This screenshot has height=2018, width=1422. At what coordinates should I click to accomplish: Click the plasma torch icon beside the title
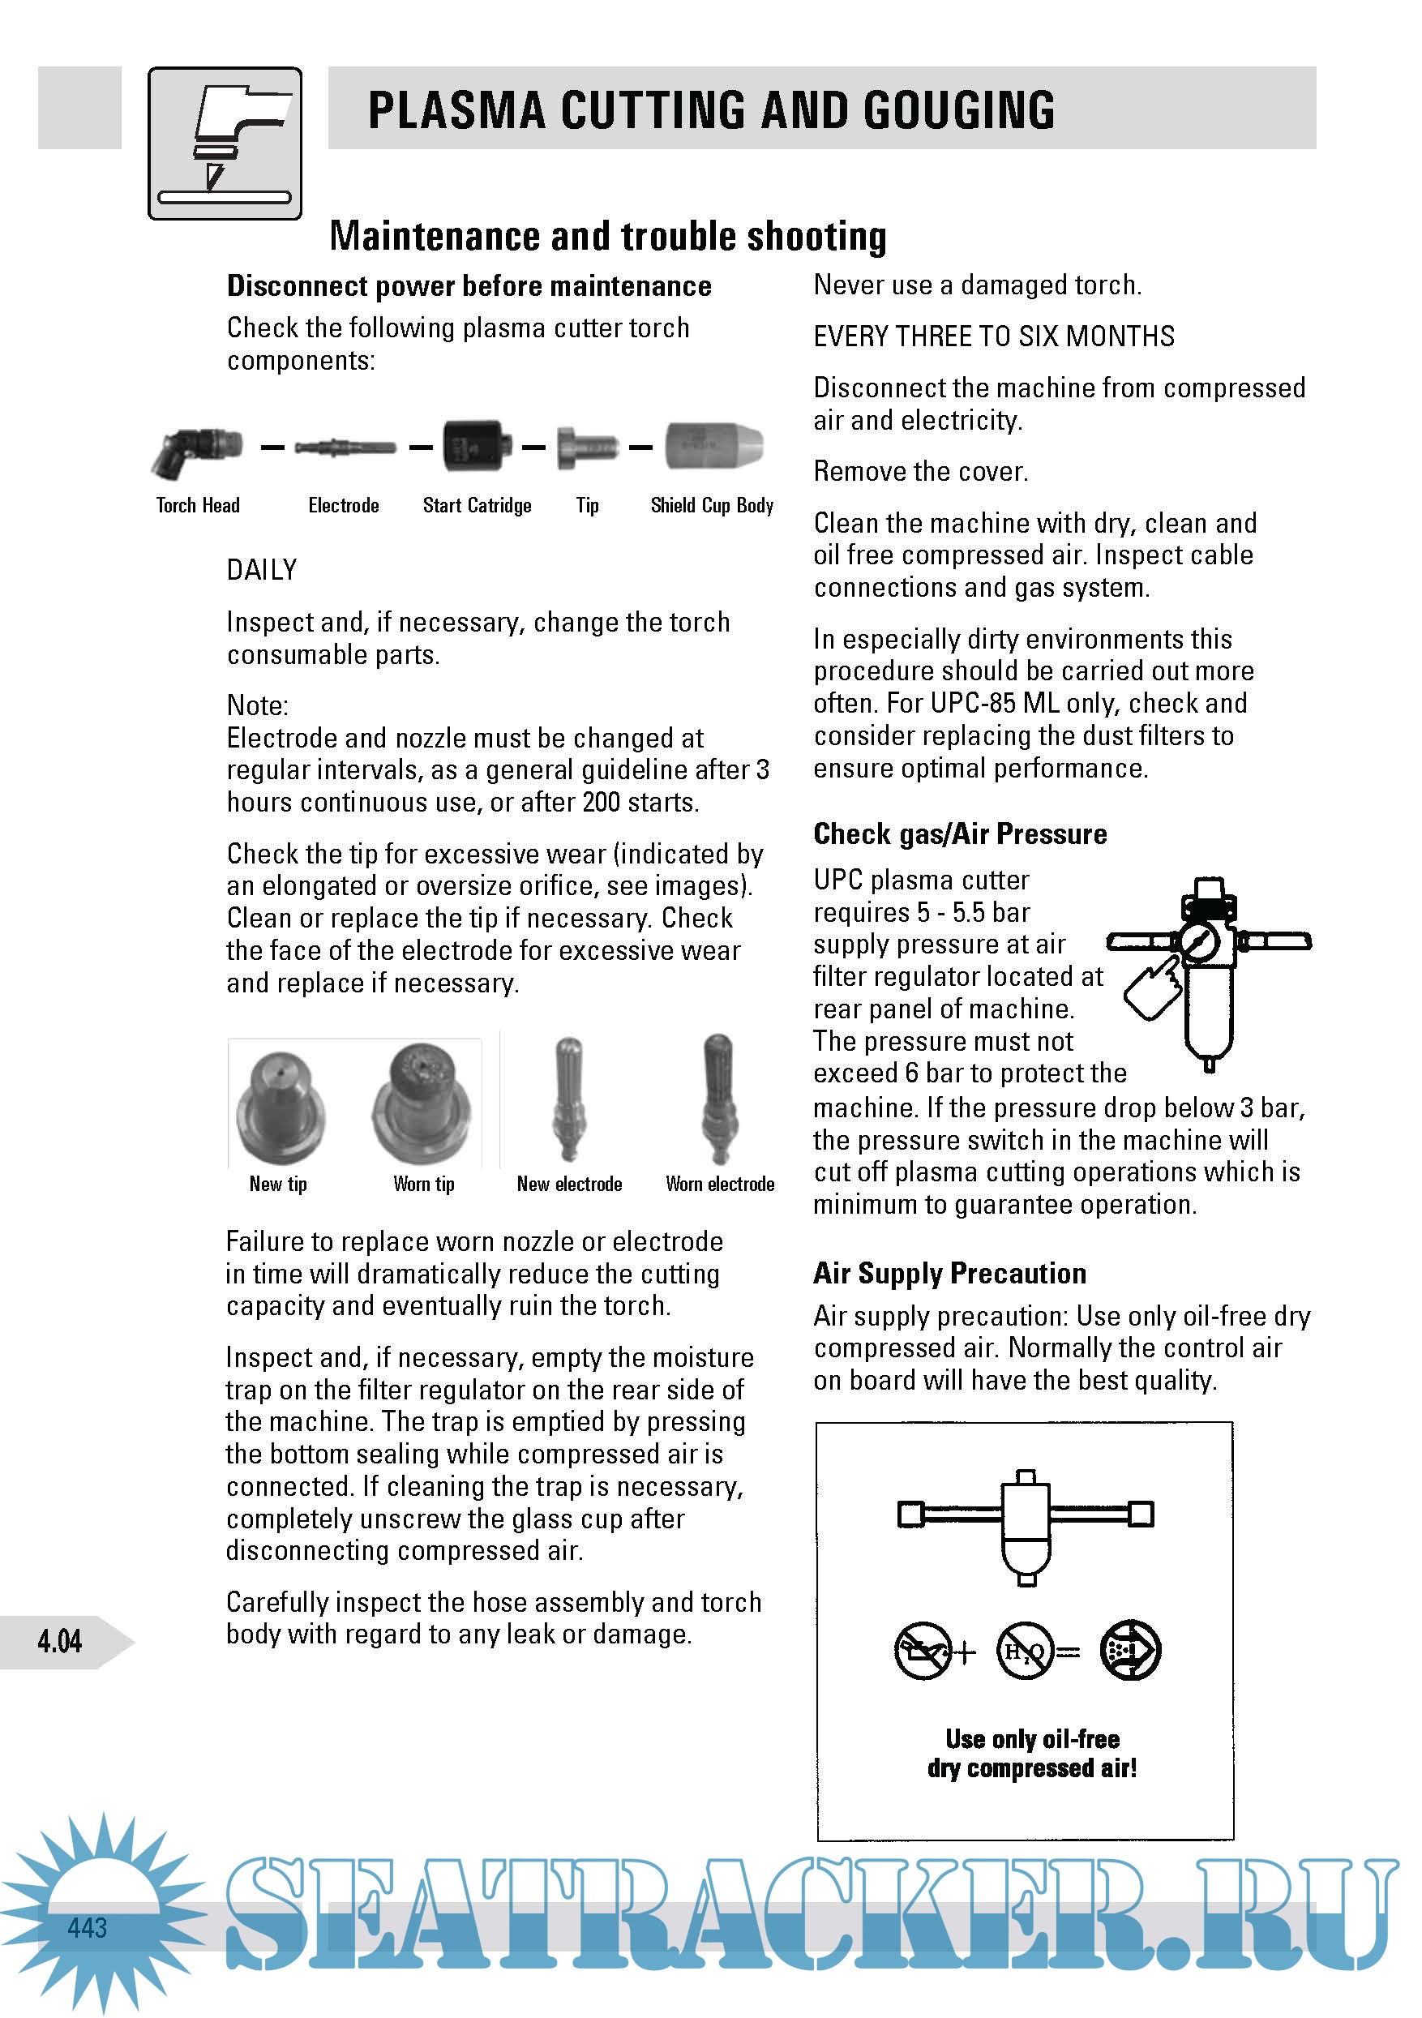[x=225, y=143]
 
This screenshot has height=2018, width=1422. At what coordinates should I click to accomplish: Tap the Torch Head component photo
[x=196, y=449]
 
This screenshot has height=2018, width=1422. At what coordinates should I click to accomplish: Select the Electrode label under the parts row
[x=344, y=505]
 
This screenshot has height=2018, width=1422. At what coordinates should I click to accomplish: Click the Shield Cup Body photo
[x=713, y=446]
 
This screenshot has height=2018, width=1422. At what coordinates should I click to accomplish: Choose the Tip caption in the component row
[x=587, y=505]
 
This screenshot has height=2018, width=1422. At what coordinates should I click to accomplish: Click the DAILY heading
[x=262, y=571]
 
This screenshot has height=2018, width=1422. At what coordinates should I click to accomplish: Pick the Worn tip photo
[x=422, y=1102]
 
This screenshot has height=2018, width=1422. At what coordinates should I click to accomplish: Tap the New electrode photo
[x=568, y=1099]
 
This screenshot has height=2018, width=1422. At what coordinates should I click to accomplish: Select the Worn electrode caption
[x=720, y=1184]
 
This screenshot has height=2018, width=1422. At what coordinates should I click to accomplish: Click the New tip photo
[x=280, y=1106]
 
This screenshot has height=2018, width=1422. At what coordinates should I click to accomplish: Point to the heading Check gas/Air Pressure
[x=960, y=834]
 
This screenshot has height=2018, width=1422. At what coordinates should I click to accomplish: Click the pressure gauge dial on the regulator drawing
[x=1199, y=943]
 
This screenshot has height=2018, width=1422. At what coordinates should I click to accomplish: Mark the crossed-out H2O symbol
[x=1025, y=1652]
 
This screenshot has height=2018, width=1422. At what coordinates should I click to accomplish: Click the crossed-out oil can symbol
[x=923, y=1652]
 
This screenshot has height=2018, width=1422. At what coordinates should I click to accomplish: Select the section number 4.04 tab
[x=60, y=1641]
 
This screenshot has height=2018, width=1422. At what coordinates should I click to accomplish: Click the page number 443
[x=87, y=1927]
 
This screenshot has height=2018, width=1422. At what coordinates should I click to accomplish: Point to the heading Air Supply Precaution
[x=949, y=1274]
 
